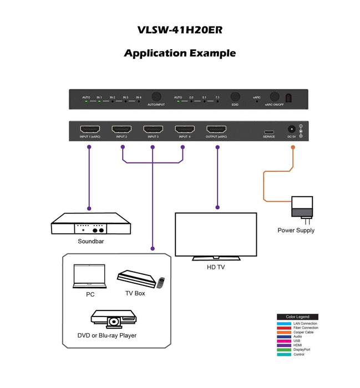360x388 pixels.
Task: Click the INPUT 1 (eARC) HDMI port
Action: coord(89,129)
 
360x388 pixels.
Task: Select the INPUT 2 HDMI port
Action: coord(121,129)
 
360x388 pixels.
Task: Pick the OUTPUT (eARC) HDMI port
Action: coord(216,129)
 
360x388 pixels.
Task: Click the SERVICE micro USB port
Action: coord(269,132)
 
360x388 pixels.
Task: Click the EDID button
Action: coord(235,96)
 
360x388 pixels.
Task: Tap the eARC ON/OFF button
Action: coord(274,96)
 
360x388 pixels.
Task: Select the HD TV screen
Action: coord(216,233)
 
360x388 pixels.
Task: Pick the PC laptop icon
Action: coord(89,277)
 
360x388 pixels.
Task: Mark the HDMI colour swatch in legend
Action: coord(284,345)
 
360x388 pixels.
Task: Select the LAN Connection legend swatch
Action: coord(284,323)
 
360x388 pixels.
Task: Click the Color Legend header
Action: coord(297,317)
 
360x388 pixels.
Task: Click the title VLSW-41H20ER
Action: coord(180,30)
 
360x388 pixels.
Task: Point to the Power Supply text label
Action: coord(296,231)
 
